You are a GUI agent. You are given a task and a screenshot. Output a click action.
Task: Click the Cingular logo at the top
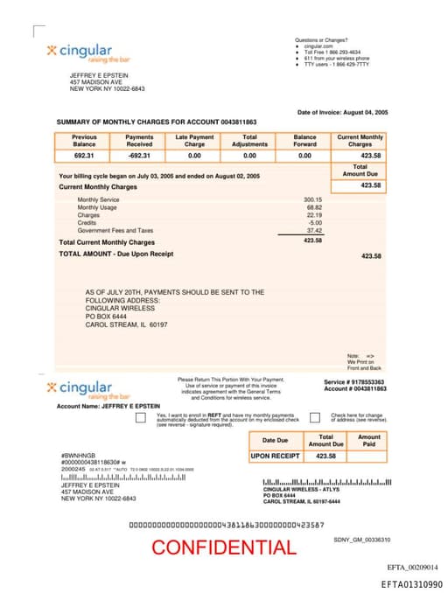(80, 52)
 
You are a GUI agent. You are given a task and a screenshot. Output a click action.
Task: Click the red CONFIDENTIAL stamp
(223, 548)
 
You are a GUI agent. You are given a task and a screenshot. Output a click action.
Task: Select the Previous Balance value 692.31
(84, 155)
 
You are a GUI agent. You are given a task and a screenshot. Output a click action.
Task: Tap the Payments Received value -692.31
(139, 155)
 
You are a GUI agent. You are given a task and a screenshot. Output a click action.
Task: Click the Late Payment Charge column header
(194, 140)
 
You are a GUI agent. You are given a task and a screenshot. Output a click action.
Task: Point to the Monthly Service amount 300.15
(312, 199)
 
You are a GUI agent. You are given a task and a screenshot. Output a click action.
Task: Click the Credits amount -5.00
(315, 222)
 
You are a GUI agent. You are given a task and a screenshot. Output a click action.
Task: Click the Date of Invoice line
(343, 113)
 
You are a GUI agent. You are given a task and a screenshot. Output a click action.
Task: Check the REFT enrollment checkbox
(141, 418)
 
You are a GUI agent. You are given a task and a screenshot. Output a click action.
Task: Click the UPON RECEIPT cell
(275, 456)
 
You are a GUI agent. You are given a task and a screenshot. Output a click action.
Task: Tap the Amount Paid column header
(369, 440)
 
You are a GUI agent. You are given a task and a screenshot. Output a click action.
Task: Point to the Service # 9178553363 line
(354, 382)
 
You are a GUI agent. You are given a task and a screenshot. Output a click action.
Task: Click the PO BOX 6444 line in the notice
(107, 316)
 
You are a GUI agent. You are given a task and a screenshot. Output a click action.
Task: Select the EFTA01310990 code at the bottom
(411, 583)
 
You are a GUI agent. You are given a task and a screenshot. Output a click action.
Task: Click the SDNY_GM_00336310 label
(361, 540)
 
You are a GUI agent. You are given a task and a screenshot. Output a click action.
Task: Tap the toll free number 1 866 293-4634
(332, 52)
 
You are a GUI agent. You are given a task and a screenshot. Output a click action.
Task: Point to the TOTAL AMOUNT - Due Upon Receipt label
(115, 254)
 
